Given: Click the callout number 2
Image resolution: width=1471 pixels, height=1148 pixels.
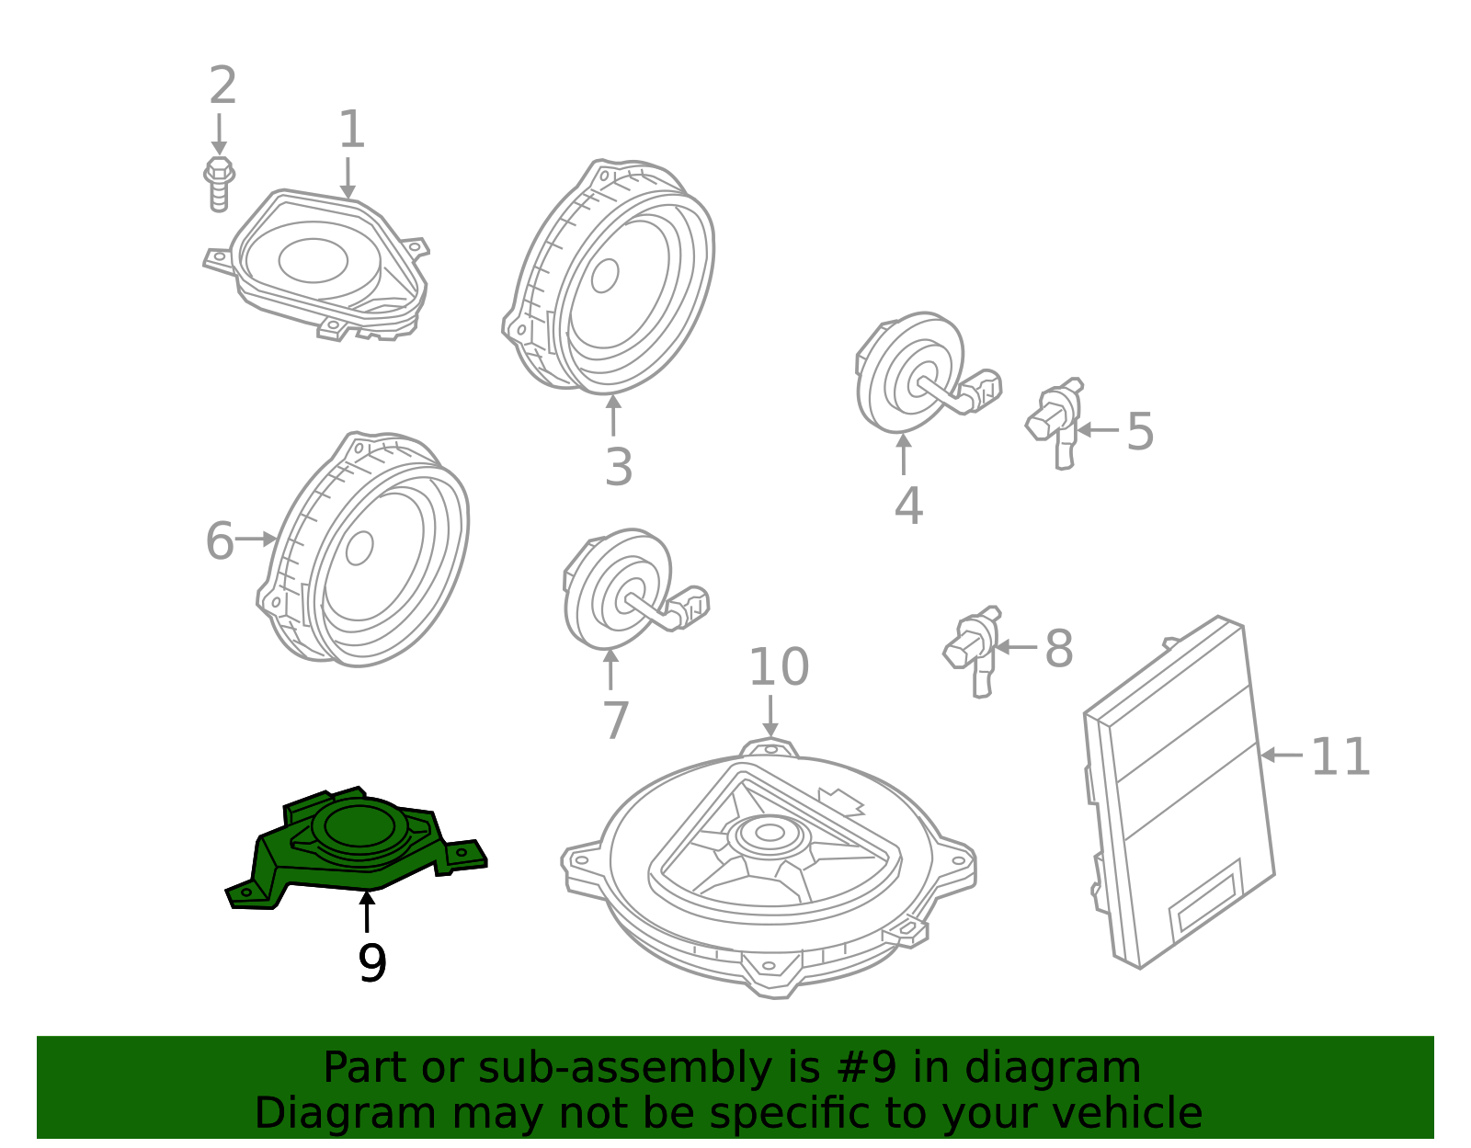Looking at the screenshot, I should point(222,86).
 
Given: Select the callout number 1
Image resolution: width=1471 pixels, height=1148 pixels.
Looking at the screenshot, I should point(351,130).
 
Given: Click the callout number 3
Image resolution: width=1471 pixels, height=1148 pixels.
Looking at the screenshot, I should point(619,467).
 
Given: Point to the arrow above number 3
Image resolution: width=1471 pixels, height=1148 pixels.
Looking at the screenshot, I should point(613,414).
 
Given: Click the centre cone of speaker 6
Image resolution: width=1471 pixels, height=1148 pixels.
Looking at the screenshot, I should point(359,549).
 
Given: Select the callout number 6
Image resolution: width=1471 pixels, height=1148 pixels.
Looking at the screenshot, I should point(219,540).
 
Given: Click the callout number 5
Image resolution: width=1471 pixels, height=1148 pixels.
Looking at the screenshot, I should point(1139,431).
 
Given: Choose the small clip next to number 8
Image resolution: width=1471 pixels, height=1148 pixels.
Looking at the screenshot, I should point(972,648).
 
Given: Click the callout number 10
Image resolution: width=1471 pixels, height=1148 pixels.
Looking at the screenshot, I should point(778,667).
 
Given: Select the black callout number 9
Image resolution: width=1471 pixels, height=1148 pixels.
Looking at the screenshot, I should point(371,963).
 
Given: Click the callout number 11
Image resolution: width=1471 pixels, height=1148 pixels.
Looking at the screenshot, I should point(1340,757).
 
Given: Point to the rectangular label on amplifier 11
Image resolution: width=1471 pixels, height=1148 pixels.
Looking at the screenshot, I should point(1204,903).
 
